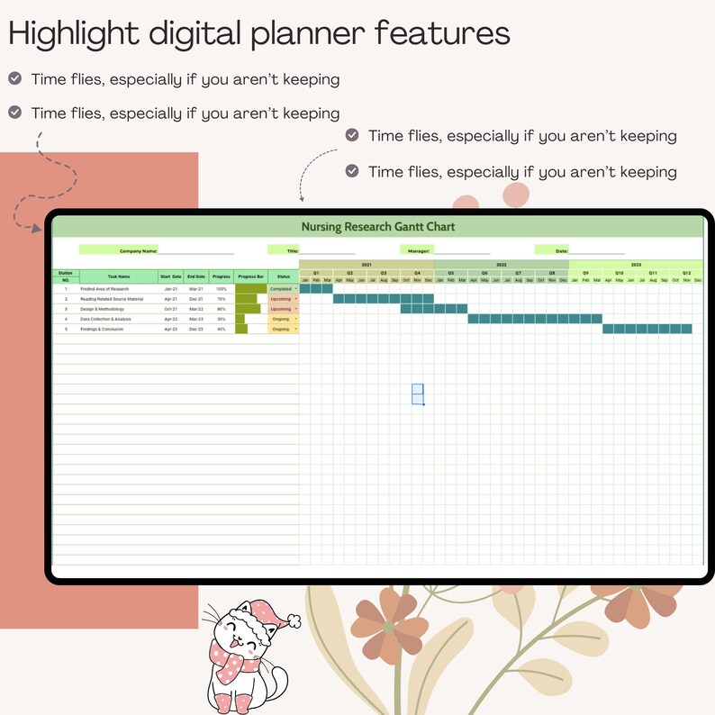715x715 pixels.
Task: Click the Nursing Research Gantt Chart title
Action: pyautogui.click(x=377, y=227)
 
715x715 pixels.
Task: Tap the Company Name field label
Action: pyautogui.click(x=139, y=250)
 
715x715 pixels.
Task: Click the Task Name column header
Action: pyautogui.click(x=119, y=276)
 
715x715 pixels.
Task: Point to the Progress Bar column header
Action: pyautogui.click(x=251, y=276)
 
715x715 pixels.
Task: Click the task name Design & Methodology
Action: pyautogui.click(x=101, y=309)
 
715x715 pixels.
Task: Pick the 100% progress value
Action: pyautogui.click(x=222, y=289)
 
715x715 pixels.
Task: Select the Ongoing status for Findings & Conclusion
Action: pyautogui.click(x=281, y=330)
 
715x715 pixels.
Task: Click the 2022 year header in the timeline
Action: pyautogui.click(x=502, y=265)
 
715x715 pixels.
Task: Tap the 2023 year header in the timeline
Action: pyautogui.click(x=636, y=265)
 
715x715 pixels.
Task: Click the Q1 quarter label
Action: pyautogui.click(x=316, y=273)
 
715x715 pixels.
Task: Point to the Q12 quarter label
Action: pyautogui.click(x=686, y=273)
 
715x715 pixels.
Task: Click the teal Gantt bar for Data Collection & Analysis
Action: pyautogui.click(x=535, y=319)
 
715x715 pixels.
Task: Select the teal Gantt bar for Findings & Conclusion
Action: pyautogui.click(x=647, y=329)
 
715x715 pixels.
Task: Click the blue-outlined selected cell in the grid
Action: pyautogui.click(x=418, y=394)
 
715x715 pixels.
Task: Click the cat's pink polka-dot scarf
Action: pyautogui.click(x=233, y=662)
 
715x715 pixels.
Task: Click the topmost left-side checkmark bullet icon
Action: pyautogui.click(x=15, y=78)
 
